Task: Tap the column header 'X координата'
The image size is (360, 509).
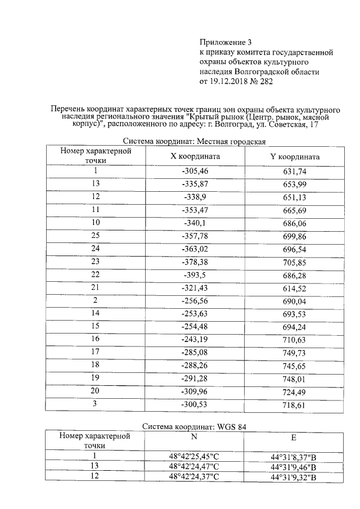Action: (195, 157)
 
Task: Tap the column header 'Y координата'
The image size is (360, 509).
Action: (295, 157)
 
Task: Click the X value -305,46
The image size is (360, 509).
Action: (195, 171)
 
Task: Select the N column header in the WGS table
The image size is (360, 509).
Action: (194, 438)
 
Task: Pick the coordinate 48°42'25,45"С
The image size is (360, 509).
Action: (194, 456)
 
